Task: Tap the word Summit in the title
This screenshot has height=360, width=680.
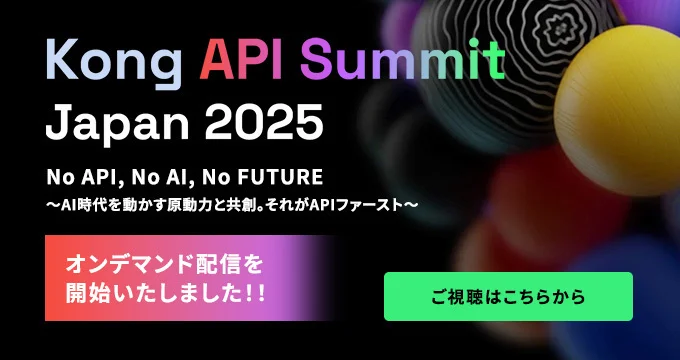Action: (410, 61)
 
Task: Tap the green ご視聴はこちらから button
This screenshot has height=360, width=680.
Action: (508, 297)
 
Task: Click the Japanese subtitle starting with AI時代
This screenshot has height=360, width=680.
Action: (231, 203)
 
